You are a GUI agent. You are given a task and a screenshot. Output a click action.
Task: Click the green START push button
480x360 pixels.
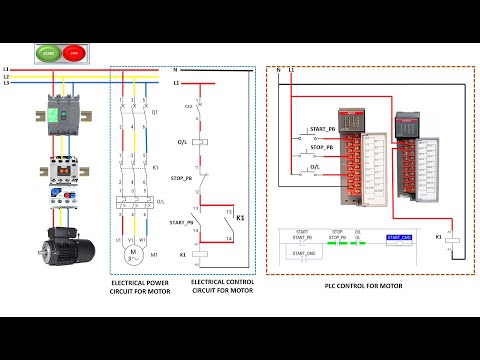(x=49, y=51)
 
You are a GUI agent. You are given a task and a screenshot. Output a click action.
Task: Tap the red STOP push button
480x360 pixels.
(x=72, y=51)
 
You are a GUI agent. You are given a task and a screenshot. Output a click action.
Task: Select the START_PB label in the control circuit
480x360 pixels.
(x=182, y=222)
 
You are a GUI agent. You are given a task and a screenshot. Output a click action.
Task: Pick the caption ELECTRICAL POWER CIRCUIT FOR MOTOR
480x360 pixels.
(x=142, y=288)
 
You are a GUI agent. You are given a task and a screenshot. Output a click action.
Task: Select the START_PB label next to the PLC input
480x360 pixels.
(x=323, y=130)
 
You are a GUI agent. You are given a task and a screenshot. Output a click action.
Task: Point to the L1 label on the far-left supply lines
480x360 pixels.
(x=6, y=70)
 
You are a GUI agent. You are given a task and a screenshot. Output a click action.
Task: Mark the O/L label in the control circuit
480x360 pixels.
(x=181, y=142)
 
